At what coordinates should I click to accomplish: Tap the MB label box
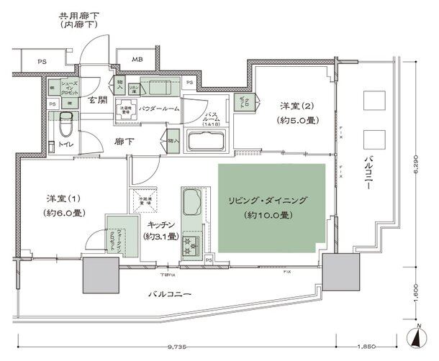tap(135, 60)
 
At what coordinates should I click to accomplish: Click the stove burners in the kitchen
tap(193, 244)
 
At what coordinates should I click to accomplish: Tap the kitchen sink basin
tap(191, 201)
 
